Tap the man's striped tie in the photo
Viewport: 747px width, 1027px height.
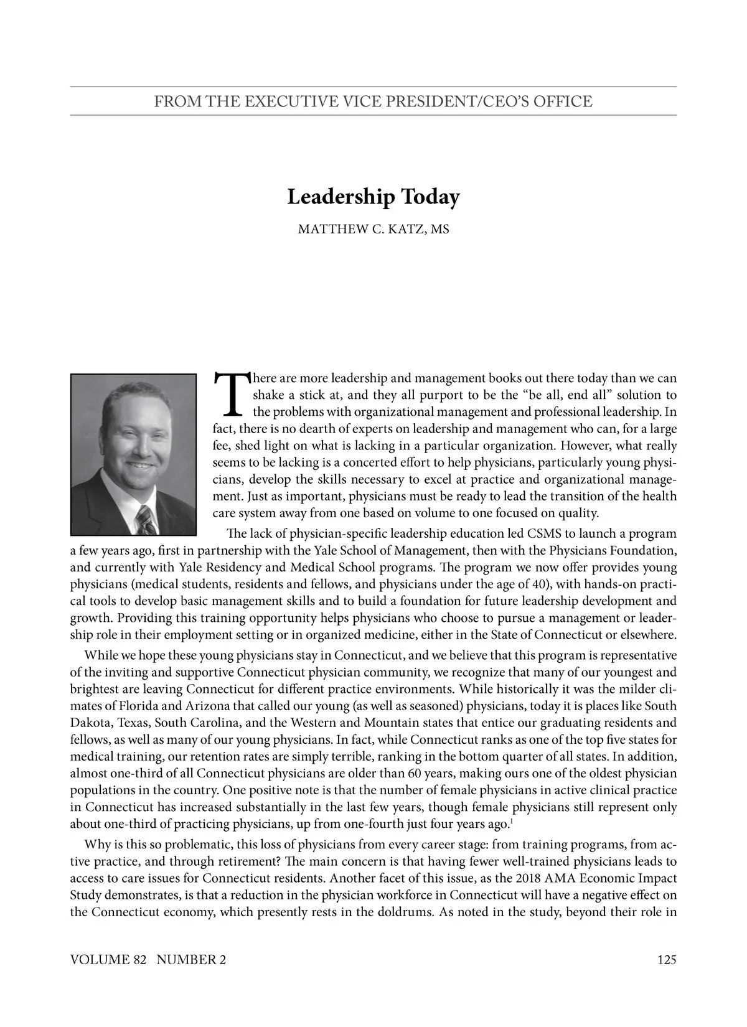pyautogui.click(x=146, y=520)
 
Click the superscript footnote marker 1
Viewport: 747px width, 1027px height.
pyautogui.click(x=511, y=821)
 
